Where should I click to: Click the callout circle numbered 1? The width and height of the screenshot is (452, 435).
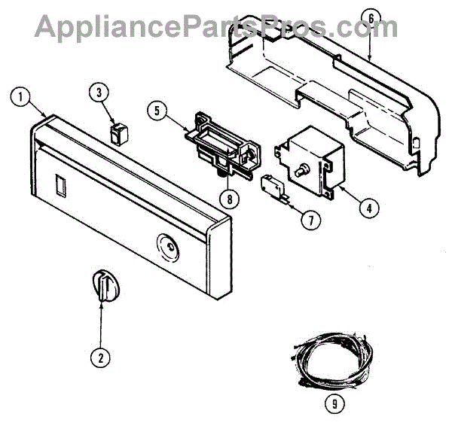coord(21,96)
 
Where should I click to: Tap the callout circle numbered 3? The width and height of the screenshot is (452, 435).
coord(99,93)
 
